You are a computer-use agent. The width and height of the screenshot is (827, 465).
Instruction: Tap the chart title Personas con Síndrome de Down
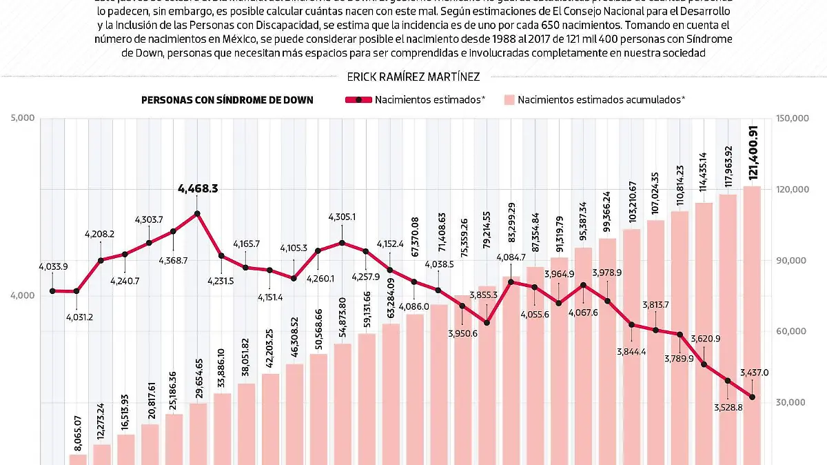(227, 100)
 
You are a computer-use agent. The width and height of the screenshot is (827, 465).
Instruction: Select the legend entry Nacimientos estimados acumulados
(601, 100)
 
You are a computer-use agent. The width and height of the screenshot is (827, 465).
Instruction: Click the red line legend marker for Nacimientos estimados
(358, 100)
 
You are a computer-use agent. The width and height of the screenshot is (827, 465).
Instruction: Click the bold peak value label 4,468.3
(198, 188)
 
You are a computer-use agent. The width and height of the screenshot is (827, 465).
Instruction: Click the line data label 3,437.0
(755, 373)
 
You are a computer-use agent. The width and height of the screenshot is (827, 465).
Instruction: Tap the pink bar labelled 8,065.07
(78, 459)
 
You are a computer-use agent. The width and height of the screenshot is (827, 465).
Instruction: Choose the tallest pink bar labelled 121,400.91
(752, 324)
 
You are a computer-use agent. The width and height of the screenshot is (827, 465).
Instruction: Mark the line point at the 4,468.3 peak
(197, 213)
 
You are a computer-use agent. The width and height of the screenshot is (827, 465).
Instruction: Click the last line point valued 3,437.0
(752, 397)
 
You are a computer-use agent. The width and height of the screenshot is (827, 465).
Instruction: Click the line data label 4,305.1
(342, 217)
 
